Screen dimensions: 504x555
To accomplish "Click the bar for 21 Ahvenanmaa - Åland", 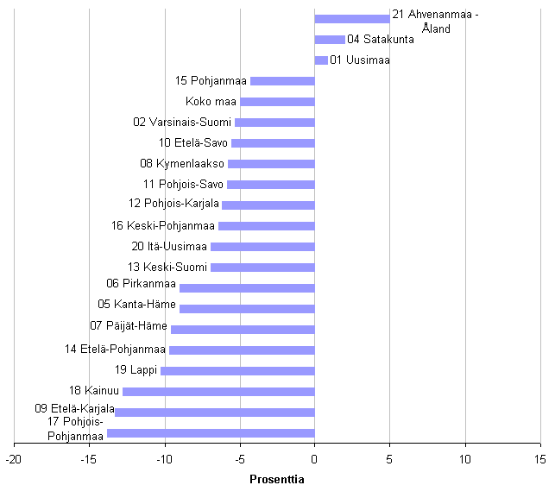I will [x=352, y=18].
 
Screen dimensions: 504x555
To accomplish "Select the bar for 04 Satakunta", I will [x=330, y=40].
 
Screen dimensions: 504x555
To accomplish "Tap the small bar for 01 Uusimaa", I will [x=321, y=60].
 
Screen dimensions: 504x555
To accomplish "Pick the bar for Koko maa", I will [x=277, y=102].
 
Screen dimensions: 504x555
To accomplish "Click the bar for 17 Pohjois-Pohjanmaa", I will [x=211, y=433].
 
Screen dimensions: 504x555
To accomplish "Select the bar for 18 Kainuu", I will [x=218, y=392].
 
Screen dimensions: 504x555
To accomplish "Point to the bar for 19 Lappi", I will [x=237, y=371].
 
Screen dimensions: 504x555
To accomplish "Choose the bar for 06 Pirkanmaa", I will [x=247, y=288].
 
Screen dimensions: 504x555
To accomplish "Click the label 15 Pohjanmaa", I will [x=211, y=81].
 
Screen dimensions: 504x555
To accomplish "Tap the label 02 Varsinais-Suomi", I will [x=182, y=123].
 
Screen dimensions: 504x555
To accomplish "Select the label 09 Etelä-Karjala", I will [x=74, y=408].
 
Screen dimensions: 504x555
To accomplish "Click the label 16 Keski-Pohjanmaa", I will [x=162, y=226].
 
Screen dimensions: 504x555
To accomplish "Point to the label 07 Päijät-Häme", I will [x=129, y=326].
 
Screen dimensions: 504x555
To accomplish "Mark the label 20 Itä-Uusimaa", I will [x=169, y=247].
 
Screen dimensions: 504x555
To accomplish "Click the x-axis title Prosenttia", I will [x=276, y=479].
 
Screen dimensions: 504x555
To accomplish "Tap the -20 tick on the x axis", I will [x=14, y=458].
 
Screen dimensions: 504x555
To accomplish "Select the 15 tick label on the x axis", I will [x=540, y=458].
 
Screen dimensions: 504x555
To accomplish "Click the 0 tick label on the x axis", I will [x=314, y=458].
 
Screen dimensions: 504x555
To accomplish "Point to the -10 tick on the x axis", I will [x=164, y=458].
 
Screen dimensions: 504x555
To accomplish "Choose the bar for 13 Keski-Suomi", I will [x=262, y=268].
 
